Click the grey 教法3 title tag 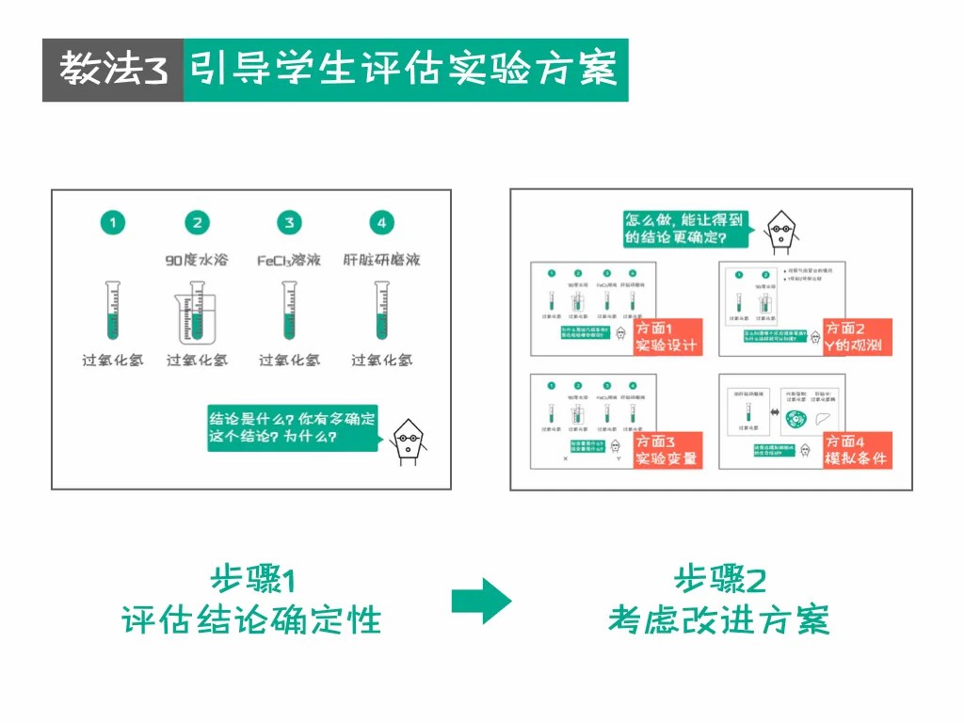112,71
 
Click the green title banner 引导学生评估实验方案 405,71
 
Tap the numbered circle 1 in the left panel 113,223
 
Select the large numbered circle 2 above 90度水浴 197,223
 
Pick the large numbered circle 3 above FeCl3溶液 289,223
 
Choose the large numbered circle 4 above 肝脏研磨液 381,223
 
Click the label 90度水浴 197,259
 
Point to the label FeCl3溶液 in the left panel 289,259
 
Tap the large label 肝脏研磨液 381,259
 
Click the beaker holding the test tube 197,316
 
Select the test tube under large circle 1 113,311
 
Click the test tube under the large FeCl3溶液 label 289,311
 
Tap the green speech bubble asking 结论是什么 291,427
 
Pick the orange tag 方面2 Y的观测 857,337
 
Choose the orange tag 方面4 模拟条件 857,450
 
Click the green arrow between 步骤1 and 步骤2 481,601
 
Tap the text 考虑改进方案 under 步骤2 718,620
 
